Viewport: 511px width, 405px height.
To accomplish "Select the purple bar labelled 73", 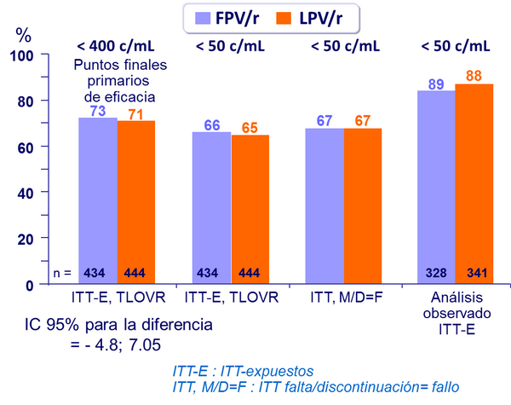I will pyautogui.click(x=97, y=200).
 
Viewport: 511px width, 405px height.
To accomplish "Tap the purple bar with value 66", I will pyautogui.click(x=211, y=208).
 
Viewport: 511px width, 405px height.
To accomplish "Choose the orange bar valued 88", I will pyautogui.click(x=474, y=183).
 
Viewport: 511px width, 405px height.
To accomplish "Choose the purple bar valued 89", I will pyautogui.click(x=435, y=187).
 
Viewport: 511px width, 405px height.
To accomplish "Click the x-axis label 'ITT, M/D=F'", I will pyautogui.click(x=343, y=297).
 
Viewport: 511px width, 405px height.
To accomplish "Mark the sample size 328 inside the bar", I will pyautogui.click(x=435, y=273).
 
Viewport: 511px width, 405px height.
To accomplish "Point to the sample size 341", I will pyautogui.click(x=474, y=273).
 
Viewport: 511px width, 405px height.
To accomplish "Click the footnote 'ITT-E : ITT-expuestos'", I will pyautogui.click(x=241, y=372).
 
